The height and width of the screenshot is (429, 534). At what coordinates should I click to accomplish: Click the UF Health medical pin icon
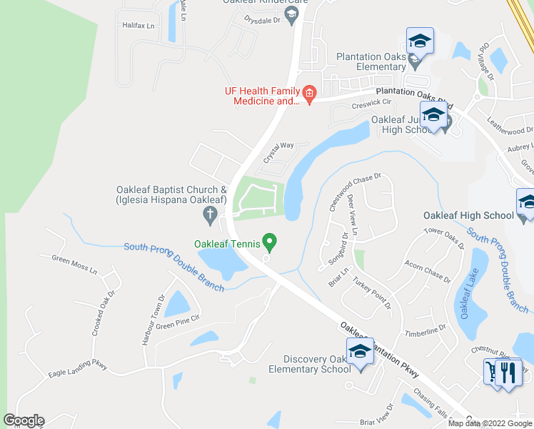pos(310,94)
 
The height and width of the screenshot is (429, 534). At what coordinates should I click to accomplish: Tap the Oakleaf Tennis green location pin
pos(269,242)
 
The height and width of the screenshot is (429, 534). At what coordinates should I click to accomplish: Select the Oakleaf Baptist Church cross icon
pos(210,213)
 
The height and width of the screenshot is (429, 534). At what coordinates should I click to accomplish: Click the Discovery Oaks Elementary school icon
pos(360,352)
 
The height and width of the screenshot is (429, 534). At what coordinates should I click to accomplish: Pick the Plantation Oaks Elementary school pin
pos(420,41)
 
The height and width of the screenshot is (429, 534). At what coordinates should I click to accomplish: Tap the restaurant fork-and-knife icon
pos(509,373)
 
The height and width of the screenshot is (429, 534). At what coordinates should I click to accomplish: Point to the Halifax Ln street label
pos(138,25)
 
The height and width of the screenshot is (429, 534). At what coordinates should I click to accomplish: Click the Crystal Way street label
pos(278,152)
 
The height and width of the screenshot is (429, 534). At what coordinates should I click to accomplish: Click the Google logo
pos(24,420)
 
